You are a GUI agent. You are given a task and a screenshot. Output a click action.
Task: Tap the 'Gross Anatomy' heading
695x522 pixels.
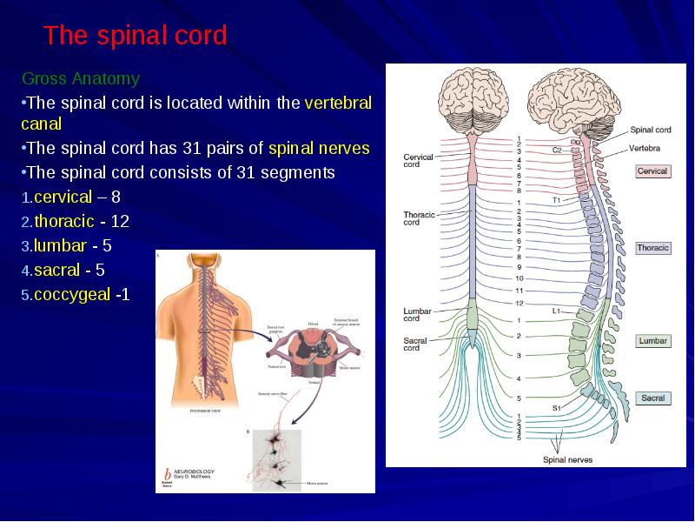[x=80, y=79]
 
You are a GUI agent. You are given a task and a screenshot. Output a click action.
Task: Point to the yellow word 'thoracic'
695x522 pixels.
[x=64, y=221]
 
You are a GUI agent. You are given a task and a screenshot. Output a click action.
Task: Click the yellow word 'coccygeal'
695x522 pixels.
[x=73, y=294]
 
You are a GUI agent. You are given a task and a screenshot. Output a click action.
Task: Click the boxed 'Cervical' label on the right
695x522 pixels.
[x=652, y=171]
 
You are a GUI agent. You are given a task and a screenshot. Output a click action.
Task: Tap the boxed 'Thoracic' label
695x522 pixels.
[x=652, y=248]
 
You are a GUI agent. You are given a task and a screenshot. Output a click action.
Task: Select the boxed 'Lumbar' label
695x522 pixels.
[x=652, y=341]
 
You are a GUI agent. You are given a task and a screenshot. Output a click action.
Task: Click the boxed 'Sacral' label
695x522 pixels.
[x=652, y=398]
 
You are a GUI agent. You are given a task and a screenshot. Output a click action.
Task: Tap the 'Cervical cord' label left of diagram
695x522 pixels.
[x=418, y=161]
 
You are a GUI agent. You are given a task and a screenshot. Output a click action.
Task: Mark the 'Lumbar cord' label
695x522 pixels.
[x=418, y=314]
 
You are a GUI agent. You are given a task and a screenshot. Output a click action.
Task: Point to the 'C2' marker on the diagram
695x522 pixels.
[x=558, y=151]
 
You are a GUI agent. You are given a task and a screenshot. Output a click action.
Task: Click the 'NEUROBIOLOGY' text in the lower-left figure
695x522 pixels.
[x=194, y=471]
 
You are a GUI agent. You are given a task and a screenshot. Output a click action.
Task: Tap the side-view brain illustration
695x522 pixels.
[x=574, y=100]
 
